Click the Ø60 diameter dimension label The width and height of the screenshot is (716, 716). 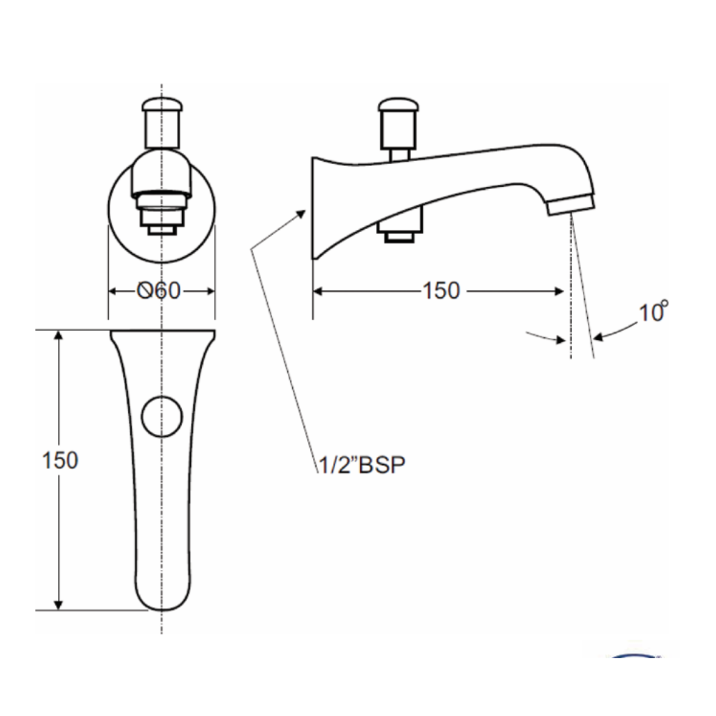[159, 291]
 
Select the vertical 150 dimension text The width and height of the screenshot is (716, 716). [60, 460]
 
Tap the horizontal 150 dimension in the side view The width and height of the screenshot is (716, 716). [440, 291]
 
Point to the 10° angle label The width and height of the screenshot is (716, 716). [653, 312]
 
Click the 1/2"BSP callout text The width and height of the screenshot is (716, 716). [361, 466]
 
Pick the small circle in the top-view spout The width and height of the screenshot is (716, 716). [162, 416]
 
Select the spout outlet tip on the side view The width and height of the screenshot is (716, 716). [571, 205]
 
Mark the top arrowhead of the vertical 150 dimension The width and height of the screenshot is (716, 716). [60, 336]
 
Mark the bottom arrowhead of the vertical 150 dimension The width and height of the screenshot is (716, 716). [60, 605]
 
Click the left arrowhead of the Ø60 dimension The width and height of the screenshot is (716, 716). [113, 291]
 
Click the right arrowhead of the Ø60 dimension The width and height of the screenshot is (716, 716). [210, 291]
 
